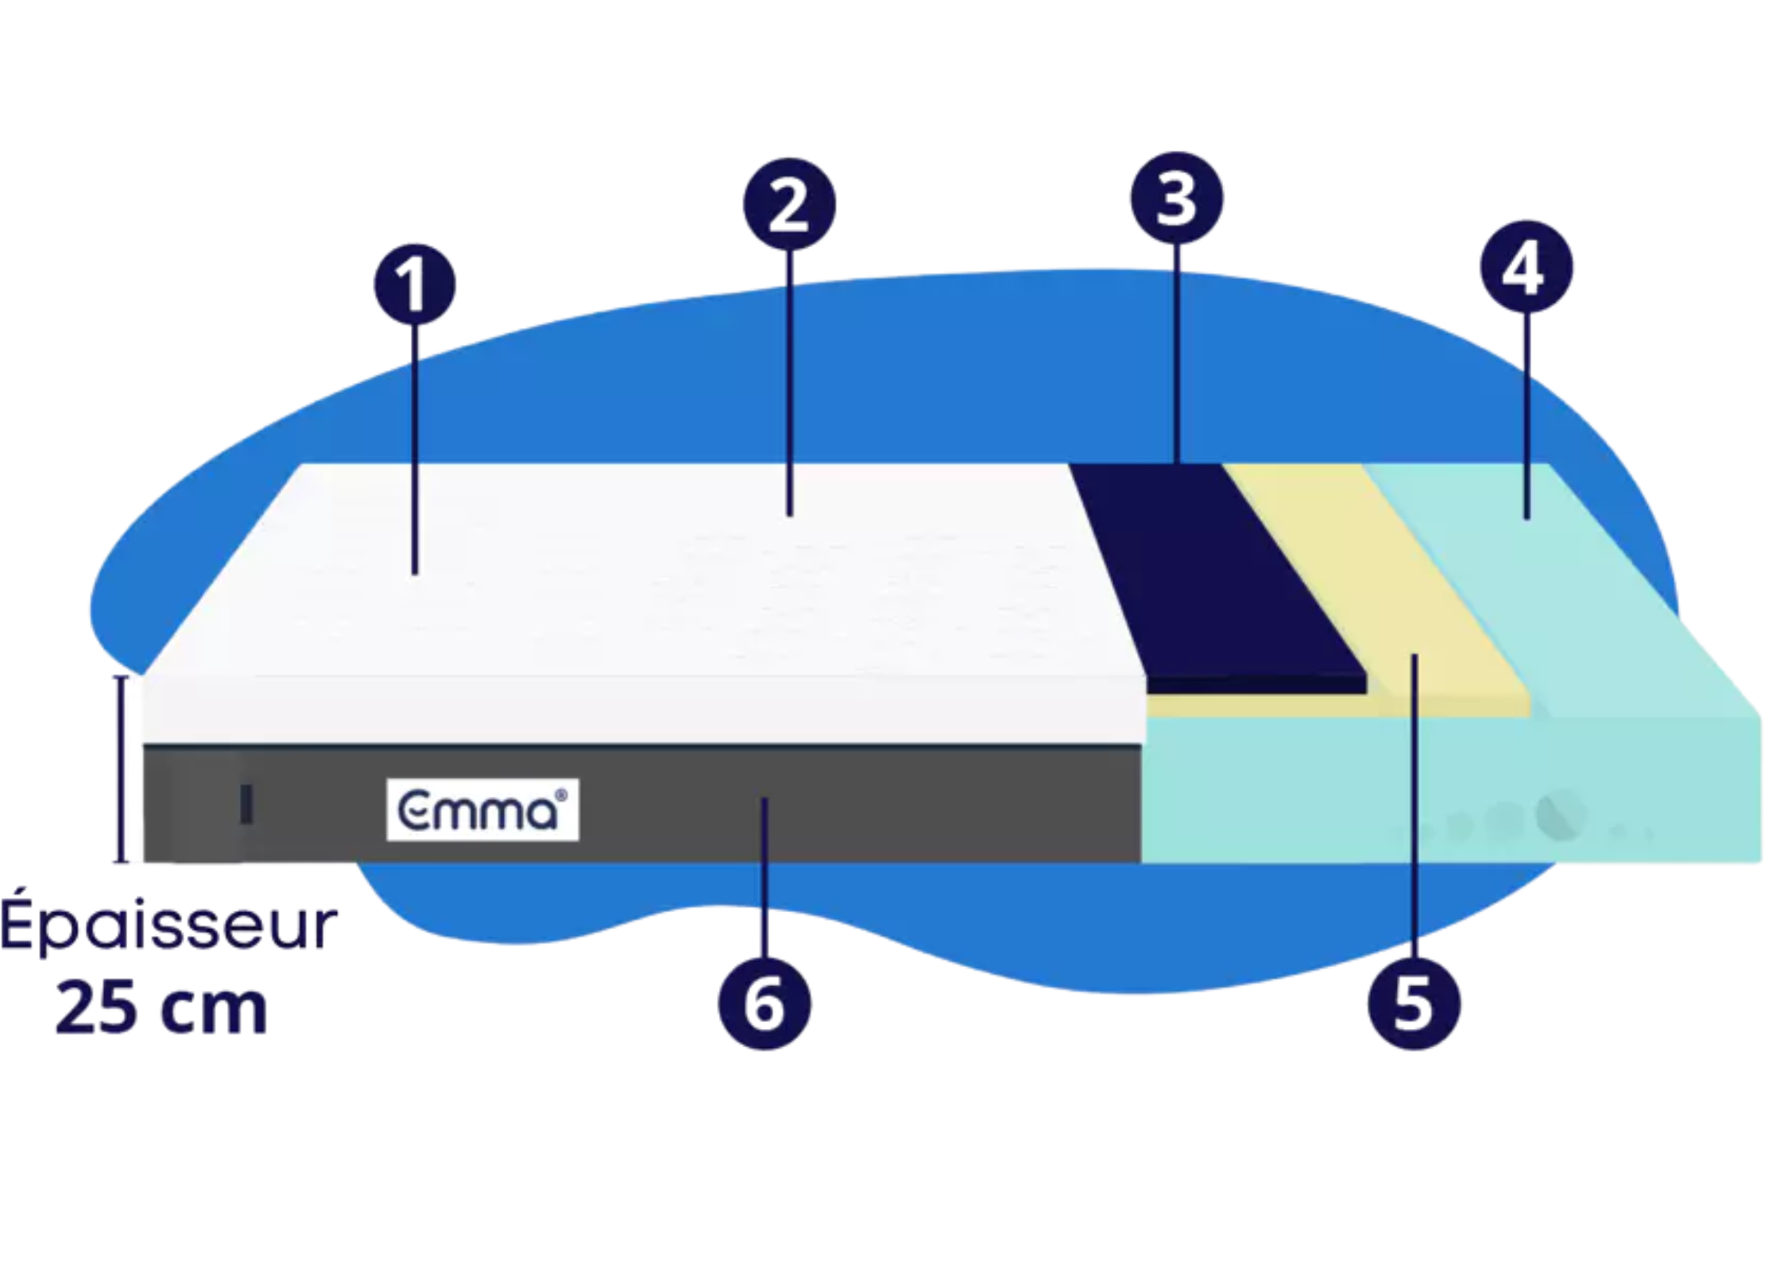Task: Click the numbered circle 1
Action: (x=415, y=285)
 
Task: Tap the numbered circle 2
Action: (x=789, y=204)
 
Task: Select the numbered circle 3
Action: (x=1176, y=197)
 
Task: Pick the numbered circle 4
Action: (x=1526, y=267)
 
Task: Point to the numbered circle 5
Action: (x=1414, y=1002)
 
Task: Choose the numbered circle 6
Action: (x=764, y=1002)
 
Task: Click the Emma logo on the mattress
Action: (x=482, y=810)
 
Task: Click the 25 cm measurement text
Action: (x=161, y=1009)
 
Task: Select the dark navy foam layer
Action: (x=1216, y=572)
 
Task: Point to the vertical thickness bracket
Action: (x=121, y=768)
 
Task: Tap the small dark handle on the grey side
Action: (x=246, y=804)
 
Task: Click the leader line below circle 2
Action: (x=789, y=381)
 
